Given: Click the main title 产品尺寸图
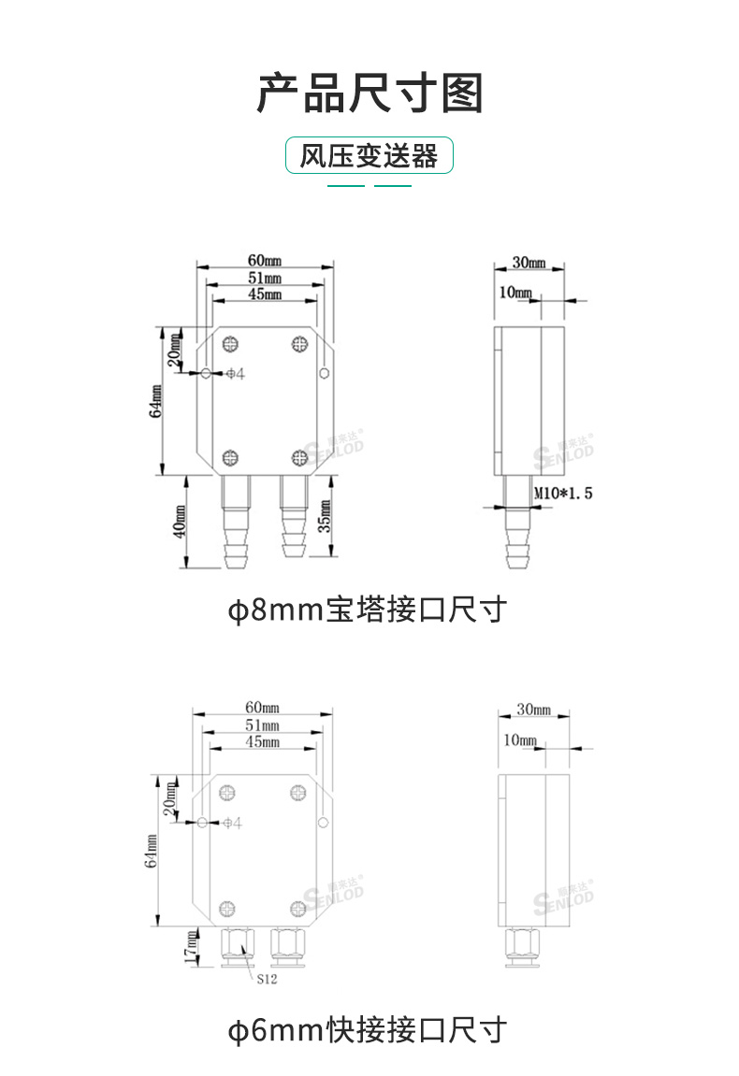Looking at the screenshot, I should pyautogui.click(x=369, y=93).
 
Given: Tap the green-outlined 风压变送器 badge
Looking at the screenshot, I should pyautogui.click(x=369, y=155).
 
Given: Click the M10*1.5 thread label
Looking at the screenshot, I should pyautogui.click(x=563, y=493).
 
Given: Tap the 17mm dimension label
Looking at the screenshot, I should pyautogui.click(x=191, y=948).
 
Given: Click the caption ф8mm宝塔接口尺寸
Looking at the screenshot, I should pyautogui.click(x=369, y=610).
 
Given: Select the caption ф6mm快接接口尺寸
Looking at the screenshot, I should pyautogui.click(x=369, y=1030).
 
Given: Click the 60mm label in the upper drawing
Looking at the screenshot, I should pyautogui.click(x=263, y=259).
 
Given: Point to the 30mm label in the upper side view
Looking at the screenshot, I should pyautogui.click(x=529, y=262).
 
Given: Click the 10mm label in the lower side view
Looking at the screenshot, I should pyautogui.click(x=520, y=740).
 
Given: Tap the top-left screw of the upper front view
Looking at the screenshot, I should pyautogui.click(x=230, y=343).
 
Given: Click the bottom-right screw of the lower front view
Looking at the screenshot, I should pyautogui.click(x=298, y=906).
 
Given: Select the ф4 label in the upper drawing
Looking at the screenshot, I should pyautogui.click(x=236, y=374).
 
